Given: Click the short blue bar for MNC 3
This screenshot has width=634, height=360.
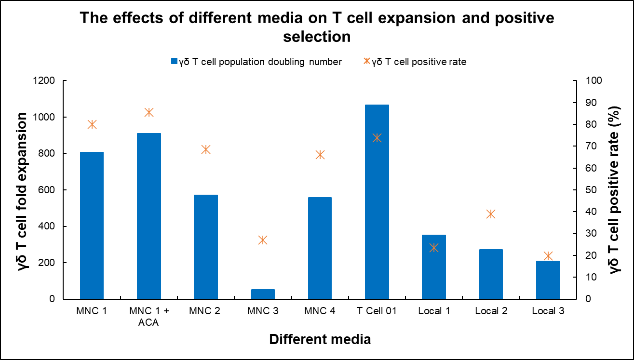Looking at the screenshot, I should coord(263,294).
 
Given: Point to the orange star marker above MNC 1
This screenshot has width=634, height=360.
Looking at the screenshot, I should coord(92,124).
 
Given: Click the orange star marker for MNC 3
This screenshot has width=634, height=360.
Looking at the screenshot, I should coord(263,240).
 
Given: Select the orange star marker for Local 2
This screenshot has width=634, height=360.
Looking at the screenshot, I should coord(491,214).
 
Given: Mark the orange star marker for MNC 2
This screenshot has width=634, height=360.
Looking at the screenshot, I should coord(206,149).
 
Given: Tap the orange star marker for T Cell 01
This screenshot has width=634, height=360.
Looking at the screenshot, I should coord(377,138).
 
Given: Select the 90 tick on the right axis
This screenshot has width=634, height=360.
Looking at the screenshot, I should coord(590,103).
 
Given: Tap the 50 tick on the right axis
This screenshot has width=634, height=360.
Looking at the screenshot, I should coord(590,190).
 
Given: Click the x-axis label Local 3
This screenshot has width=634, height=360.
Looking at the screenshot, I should coord(548,311).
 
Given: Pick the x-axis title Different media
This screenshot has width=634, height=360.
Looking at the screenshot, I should coord(320,339).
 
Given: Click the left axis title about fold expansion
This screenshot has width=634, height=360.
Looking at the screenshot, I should coord(23,190).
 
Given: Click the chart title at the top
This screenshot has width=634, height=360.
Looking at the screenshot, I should coord(317,27).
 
